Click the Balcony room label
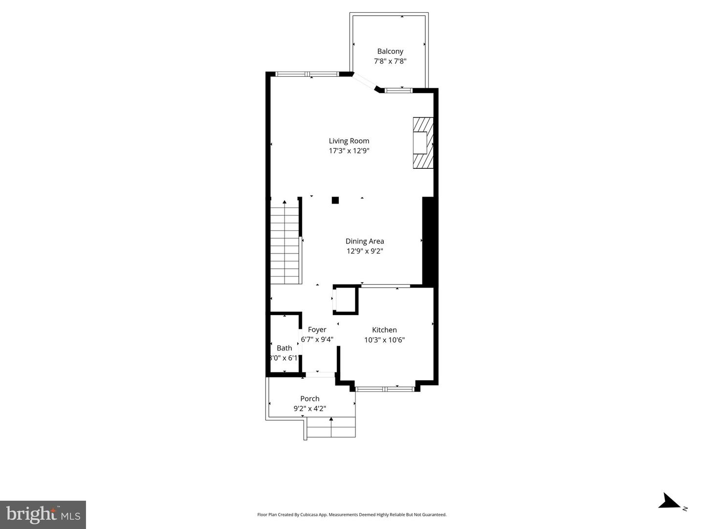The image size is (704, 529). (x=390, y=51)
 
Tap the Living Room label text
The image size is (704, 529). (x=349, y=141)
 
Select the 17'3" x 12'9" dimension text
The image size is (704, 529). (x=349, y=151)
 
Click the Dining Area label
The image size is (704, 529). (x=365, y=241)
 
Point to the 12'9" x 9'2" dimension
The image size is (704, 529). (x=365, y=251)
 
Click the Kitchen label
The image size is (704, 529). (x=384, y=330)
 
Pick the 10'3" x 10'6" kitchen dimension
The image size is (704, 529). (x=384, y=340)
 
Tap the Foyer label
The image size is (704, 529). (x=317, y=330)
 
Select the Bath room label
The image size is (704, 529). (x=284, y=348)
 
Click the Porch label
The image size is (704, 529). (x=310, y=399)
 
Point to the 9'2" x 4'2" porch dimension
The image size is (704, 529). (x=310, y=409)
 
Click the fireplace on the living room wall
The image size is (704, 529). (x=423, y=143)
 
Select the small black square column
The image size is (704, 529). (x=335, y=200)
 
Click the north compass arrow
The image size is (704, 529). (x=669, y=502)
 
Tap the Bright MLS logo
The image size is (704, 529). (x=43, y=514)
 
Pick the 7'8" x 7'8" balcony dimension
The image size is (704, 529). (x=390, y=62)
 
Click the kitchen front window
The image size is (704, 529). (x=385, y=389)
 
